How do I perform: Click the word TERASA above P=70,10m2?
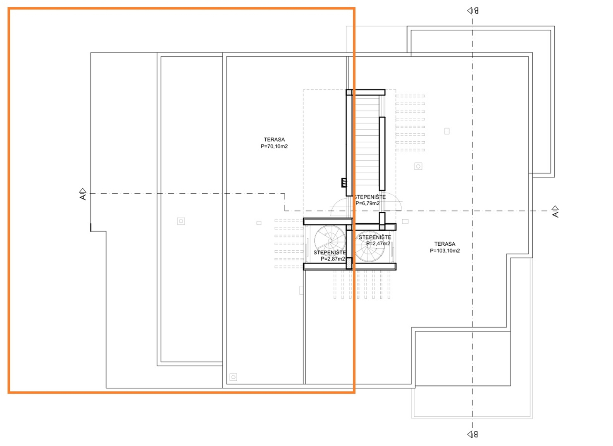click(x=274, y=140)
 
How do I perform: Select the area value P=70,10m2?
click(x=274, y=146)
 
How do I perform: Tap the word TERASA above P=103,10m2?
click(x=445, y=244)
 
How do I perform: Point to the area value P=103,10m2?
click(x=445, y=251)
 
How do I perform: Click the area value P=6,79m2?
click(x=367, y=203)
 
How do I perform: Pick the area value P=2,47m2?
click(x=378, y=243)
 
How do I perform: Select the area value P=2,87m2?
click(x=333, y=259)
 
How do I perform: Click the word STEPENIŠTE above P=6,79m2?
click(x=370, y=197)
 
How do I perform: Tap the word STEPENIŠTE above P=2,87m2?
click(x=329, y=252)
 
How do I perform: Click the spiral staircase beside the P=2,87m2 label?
click(x=330, y=241)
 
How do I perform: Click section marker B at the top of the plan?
click(x=473, y=11)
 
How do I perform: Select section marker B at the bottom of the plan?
click(x=473, y=434)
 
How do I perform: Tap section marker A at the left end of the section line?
click(x=83, y=194)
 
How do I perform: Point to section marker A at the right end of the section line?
click(x=555, y=211)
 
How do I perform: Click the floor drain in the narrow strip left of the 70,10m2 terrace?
click(x=181, y=221)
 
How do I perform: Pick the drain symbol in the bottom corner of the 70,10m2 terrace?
click(x=233, y=377)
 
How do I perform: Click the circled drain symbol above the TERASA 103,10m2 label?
click(x=418, y=166)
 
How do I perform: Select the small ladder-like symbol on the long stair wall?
click(x=344, y=183)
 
